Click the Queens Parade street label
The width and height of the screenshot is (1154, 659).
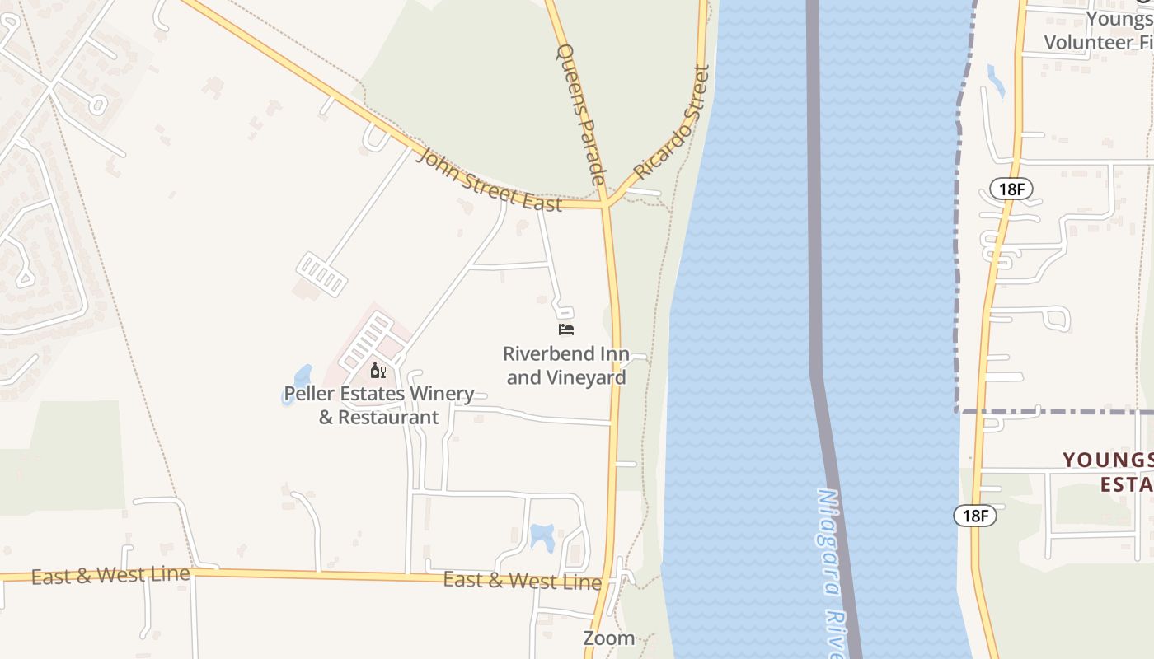[x=581, y=114]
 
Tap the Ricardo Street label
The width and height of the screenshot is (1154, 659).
[x=671, y=123]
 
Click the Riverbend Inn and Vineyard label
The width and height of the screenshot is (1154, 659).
[x=566, y=366]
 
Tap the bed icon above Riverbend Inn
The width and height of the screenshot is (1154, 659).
[x=566, y=329]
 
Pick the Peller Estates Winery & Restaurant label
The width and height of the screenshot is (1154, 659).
[x=379, y=405]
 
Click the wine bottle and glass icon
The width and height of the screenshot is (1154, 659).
[x=378, y=370]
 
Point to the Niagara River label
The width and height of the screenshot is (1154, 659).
[x=833, y=568]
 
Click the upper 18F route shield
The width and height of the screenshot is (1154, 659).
[x=1011, y=189]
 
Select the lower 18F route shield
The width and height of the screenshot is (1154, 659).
[x=975, y=516]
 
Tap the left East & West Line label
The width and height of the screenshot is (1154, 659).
[x=110, y=575]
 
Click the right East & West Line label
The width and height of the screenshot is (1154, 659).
[x=523, y=580]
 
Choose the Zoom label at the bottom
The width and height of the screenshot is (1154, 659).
[x=608, y=638]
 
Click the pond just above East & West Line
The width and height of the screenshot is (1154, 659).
[x=542, y=535]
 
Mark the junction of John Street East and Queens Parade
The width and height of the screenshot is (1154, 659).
[x=606, y=203]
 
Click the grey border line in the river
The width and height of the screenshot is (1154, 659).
[x=814, y=247]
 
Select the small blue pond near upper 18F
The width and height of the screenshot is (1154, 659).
[x=996, y=80]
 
